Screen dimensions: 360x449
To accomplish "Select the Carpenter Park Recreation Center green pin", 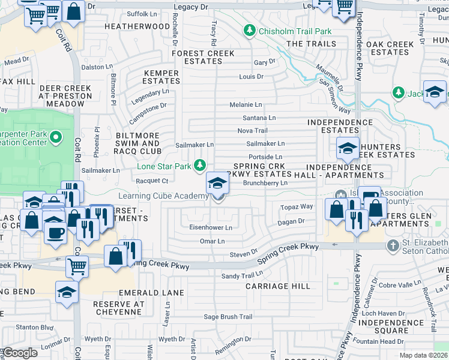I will pyautogui.click(x=56, y=139).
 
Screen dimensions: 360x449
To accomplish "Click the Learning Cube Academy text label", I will pyautogui.click(x=163, y=196).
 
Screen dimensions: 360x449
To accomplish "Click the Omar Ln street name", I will pyautogui.click(x=212, y=241).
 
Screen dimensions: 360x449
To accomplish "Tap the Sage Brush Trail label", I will pyautogui.click(x=228, y=317).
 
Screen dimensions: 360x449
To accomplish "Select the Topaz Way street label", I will pyautogui.click(x=297, y=206).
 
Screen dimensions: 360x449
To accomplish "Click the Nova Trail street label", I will pyautogui.click(x=253, y=131).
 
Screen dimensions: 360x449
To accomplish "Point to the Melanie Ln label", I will pyautogui.click(x=246, y=104).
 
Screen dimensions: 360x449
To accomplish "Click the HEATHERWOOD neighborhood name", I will pyautogui.click(x=137, y=27).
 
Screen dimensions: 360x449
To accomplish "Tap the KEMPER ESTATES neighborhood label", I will pyautogui.click(x=161, y=77).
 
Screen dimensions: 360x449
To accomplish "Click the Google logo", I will pyautogui.click(x=20, y=353).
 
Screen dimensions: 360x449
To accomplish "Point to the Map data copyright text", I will pyautogui.click(x=424, y=355).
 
